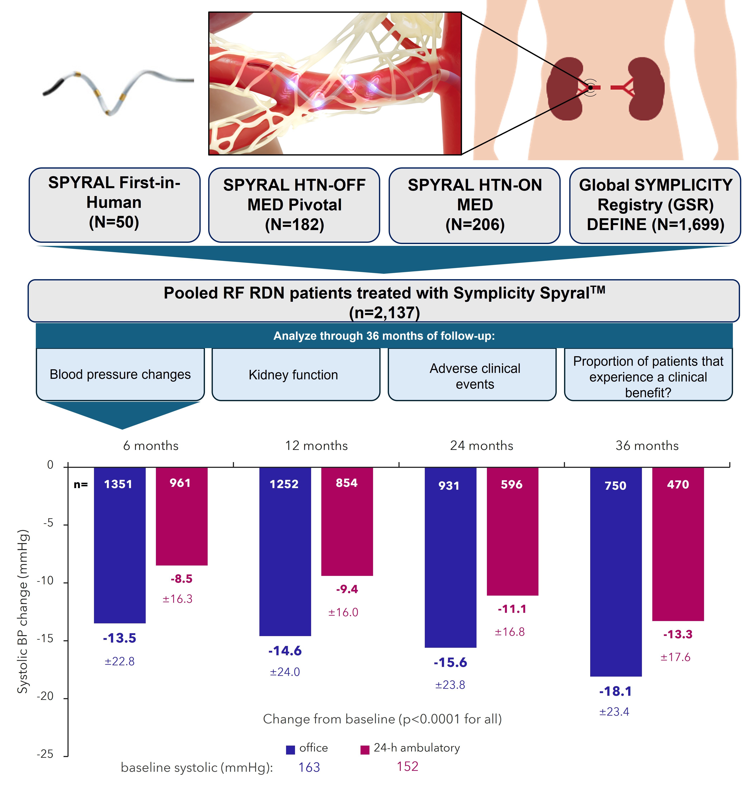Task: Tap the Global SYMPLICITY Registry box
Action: tap(655, 205)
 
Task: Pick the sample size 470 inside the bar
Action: tap(678, 485)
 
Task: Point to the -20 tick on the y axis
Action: tap(45, 696)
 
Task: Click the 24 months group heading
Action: tap(481, 445)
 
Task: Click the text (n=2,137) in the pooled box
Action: tap(384, 312)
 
